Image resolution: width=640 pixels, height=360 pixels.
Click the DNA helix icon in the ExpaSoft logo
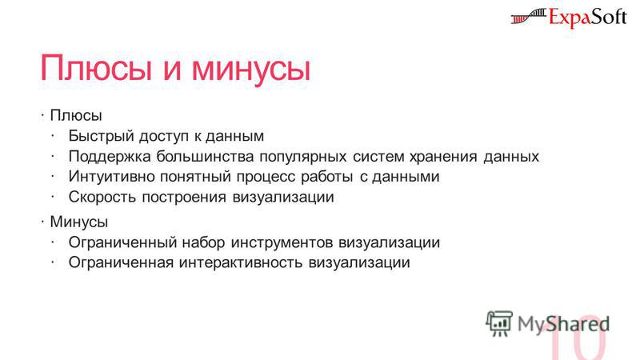(528, 17)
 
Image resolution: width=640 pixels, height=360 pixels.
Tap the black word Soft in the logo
(606, 18)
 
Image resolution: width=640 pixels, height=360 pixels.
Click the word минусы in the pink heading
(251, 69)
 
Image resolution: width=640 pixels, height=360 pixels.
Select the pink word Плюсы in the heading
(96, 68)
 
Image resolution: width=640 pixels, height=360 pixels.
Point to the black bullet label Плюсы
(76, 115)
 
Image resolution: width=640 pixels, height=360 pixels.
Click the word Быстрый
(102, 136)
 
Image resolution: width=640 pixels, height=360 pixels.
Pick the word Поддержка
(110, 157)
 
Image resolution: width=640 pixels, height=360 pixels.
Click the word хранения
(443, 157)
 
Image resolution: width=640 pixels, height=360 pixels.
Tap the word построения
(184, 198)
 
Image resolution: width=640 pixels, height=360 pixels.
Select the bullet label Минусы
(79, 222)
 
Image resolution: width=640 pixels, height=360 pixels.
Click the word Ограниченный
(122, 242)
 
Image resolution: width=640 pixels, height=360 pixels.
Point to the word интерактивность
(241, 262)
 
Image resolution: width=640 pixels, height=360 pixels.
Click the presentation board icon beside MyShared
(499, 323)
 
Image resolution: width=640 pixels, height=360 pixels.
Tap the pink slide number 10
(578, 338)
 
